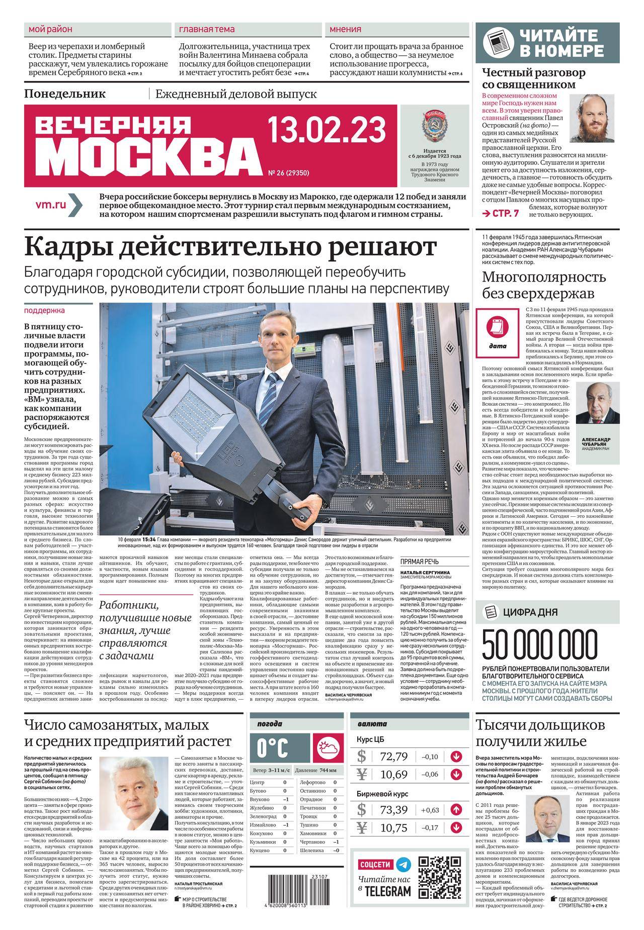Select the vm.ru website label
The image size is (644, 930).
click(51, 205)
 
